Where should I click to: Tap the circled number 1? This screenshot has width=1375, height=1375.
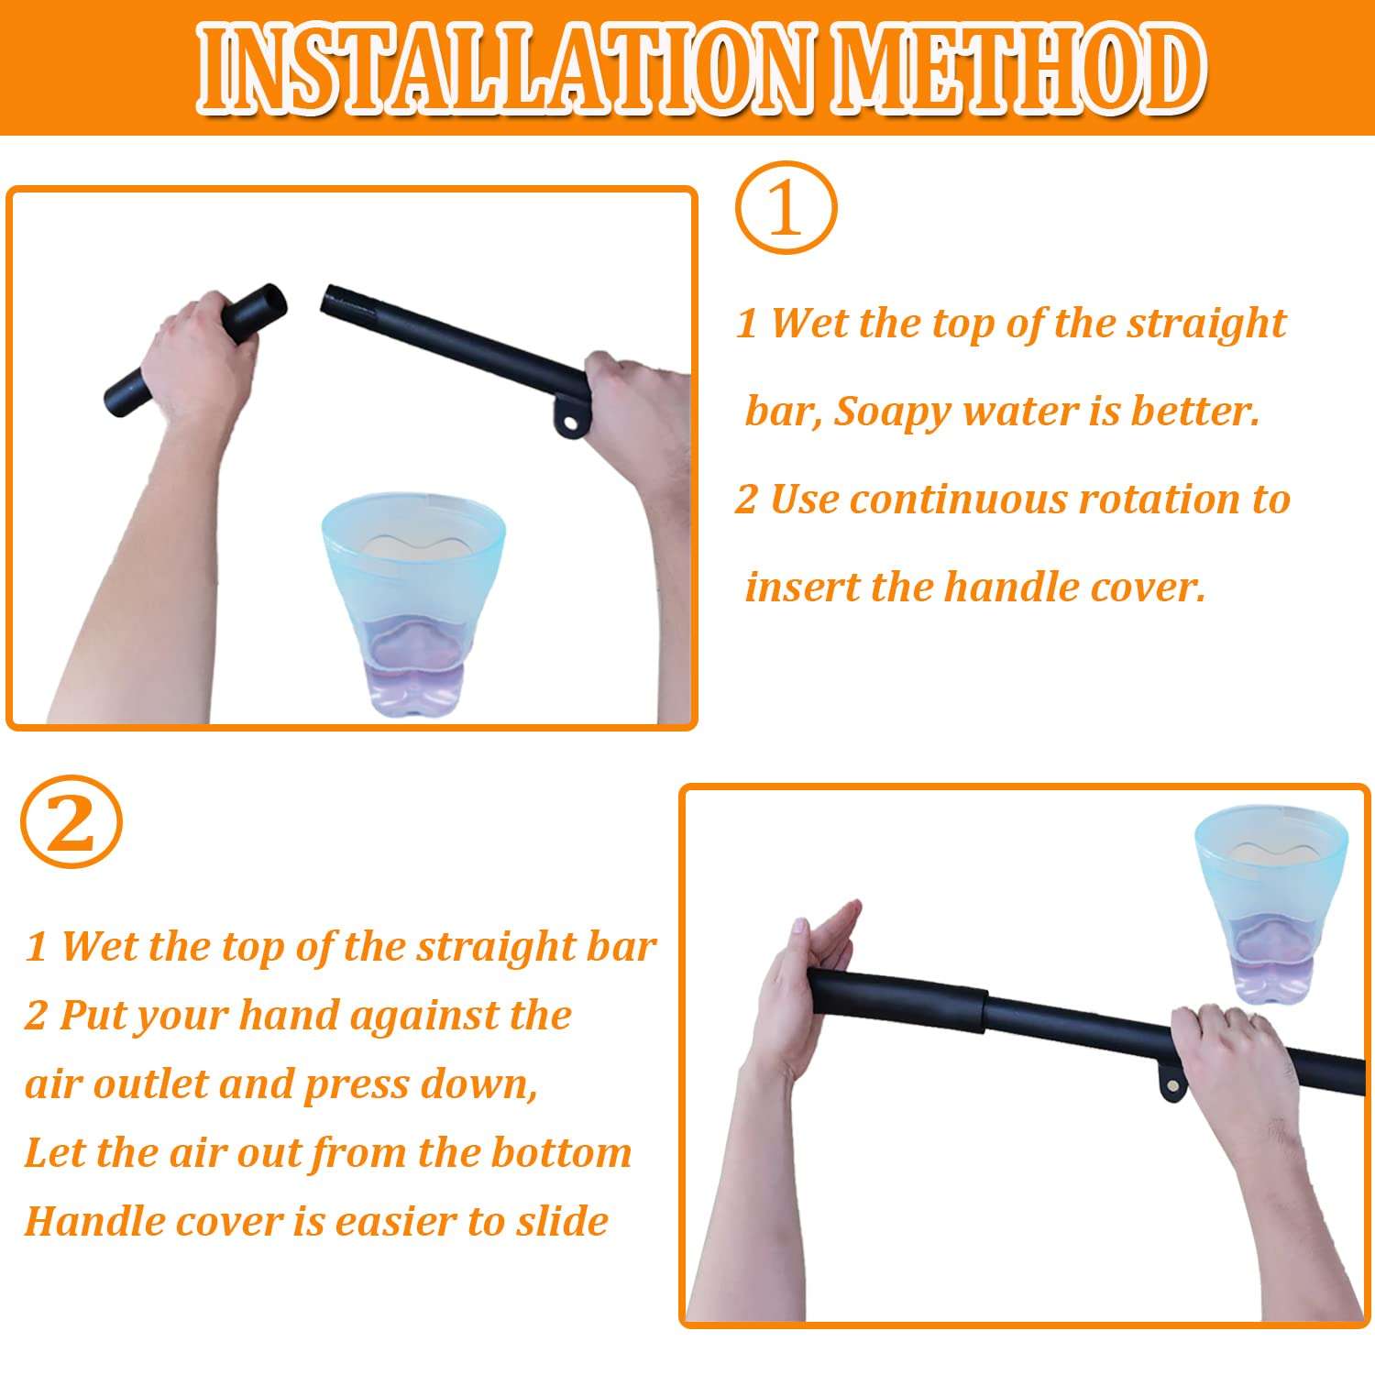[786, 208]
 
